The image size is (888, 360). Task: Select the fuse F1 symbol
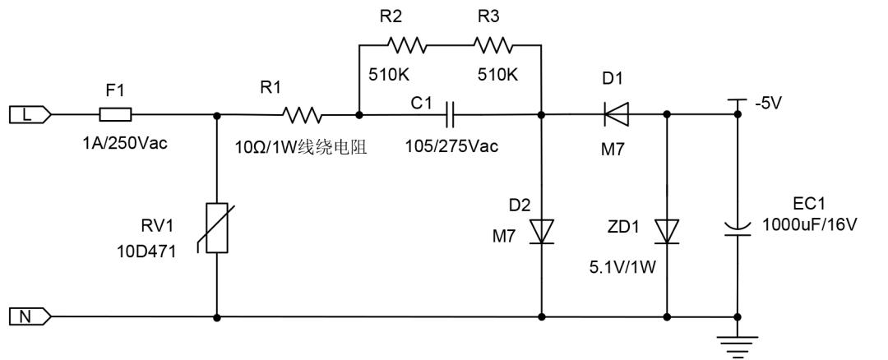coord(115,114)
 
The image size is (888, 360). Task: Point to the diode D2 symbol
coord(542,231)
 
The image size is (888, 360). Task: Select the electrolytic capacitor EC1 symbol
coord(737,225)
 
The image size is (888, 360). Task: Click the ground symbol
coord(737,341)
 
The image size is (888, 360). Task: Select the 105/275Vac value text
coord(451,146)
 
